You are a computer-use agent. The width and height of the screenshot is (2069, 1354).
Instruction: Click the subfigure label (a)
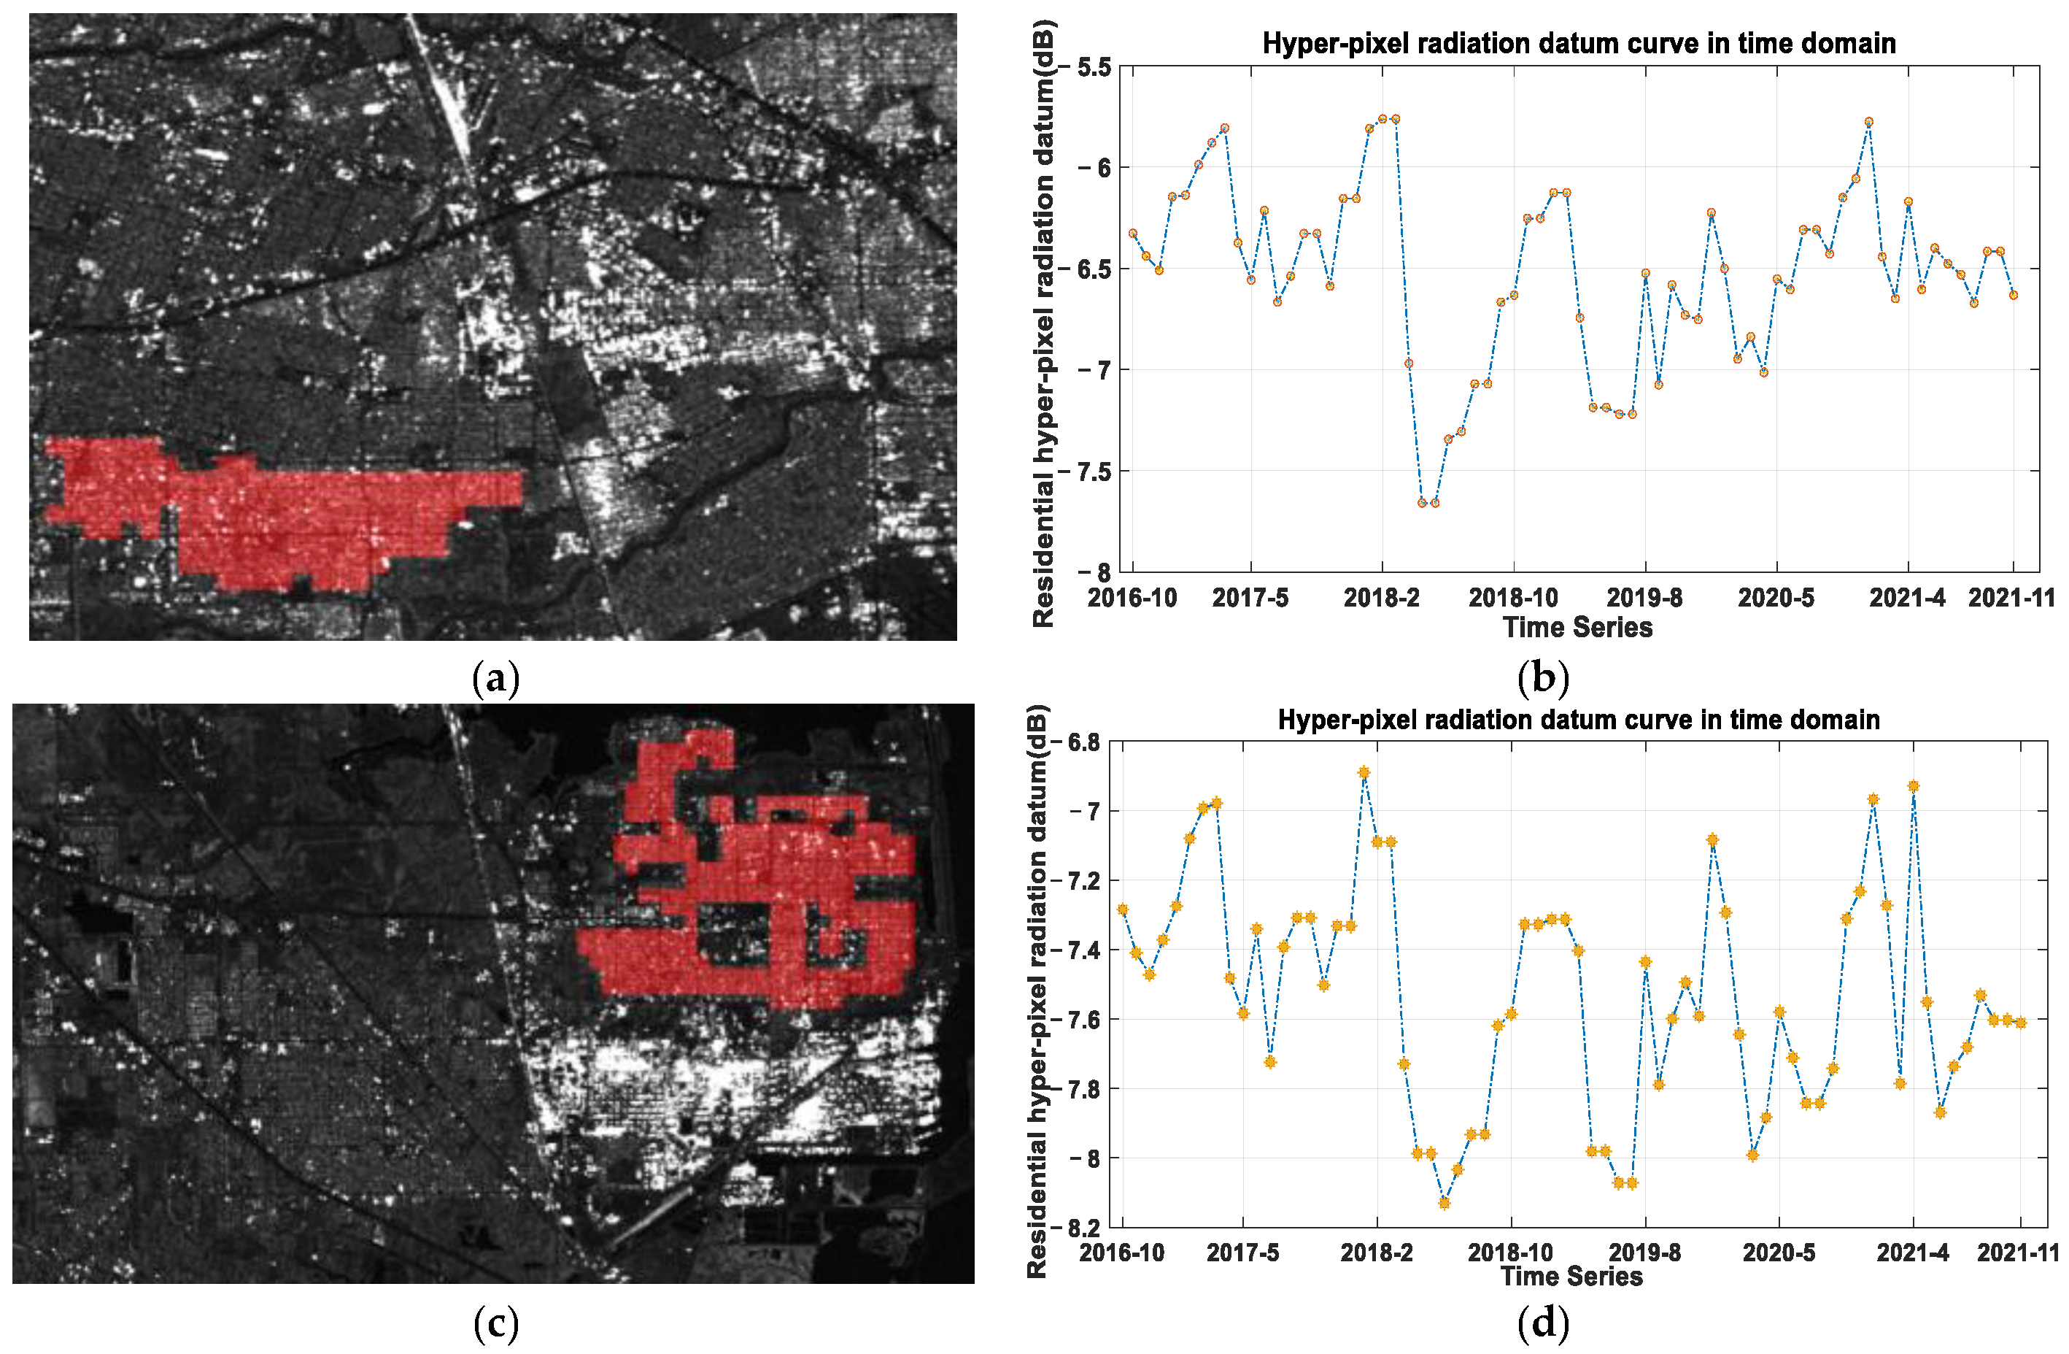(x=495, y=678)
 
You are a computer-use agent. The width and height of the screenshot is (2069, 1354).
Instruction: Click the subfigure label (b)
(x=1542, y=678)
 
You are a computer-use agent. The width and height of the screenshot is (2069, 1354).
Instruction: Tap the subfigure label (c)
(x=495, y=1323)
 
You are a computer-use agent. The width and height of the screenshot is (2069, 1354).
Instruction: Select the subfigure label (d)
(x=1542, y=1323)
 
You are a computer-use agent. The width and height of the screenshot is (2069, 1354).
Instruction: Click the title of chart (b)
(x=1579, y=44)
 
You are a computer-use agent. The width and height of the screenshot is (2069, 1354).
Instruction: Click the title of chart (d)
(x=1579, y=720)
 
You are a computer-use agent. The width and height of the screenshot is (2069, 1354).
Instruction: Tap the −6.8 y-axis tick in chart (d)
(x=1080, y=742)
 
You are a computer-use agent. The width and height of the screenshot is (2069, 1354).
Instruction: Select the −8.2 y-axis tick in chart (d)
(x=1080, y=1227)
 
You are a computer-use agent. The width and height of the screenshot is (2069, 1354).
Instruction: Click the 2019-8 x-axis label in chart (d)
(x=1644, y=1253)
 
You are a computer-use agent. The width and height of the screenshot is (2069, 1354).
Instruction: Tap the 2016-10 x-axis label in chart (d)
(x=1121, y=1253)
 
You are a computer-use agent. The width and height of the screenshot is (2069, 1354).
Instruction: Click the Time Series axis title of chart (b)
(x=1577, y=627)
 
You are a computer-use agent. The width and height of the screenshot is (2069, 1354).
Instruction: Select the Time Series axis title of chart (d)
(x=1571, y=1276)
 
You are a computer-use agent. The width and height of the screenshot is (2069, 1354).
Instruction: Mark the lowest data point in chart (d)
(x=1444, y=1203)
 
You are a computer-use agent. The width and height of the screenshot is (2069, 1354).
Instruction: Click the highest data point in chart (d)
(x=1364, y=772)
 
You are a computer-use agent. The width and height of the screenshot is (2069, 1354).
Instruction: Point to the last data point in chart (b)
(x=2014, y=295)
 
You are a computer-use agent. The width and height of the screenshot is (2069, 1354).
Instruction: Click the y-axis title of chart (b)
(x=1043, y=322)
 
